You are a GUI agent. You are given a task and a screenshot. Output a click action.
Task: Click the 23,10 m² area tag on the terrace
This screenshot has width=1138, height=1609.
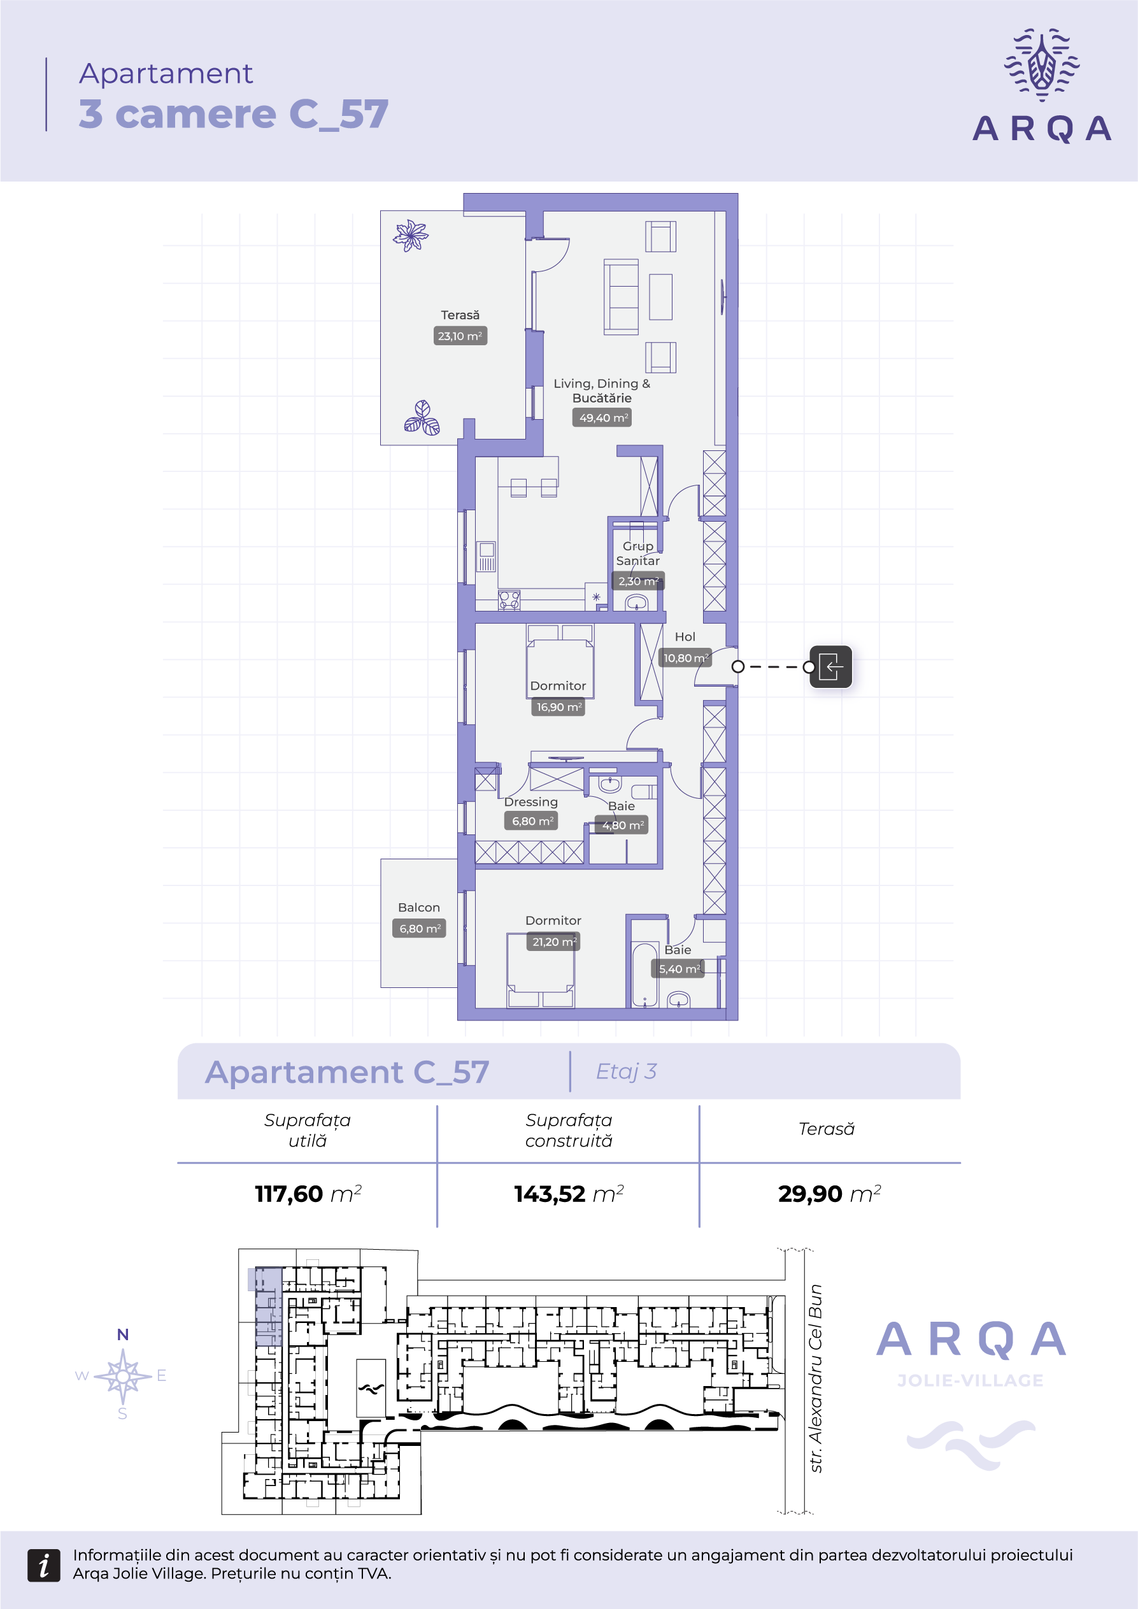pyautogui.click(x=460, y=336)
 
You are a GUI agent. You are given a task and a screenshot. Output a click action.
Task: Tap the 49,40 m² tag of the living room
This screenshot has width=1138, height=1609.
pyautogui.click(x=602, y=418)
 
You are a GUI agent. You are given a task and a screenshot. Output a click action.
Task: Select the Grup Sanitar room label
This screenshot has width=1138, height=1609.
pyautogui.click(x=637, y=553)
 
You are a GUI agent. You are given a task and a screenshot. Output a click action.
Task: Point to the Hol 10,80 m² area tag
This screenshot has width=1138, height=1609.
pyautogui.click(x=686, y=657)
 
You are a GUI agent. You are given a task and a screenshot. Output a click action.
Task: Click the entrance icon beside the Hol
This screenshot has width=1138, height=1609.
pyautogui.click(x=830, y=666)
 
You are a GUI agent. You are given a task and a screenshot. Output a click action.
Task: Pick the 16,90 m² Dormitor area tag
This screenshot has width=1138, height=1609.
pyautogui.click(x=558, y=707)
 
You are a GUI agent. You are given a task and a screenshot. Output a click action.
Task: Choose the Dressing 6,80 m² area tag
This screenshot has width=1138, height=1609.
pyautogui.click(x=531, y=820)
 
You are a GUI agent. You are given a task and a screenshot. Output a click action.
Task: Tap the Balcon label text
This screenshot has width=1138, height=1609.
pyautogui.click(x=419, y=908)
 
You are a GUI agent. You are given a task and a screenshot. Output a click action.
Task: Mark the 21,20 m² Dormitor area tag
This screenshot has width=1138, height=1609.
pyautogui.click(x=553, y=941)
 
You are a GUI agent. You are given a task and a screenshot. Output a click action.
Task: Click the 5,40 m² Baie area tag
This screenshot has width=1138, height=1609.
pyautogui.click(x=678, y=968)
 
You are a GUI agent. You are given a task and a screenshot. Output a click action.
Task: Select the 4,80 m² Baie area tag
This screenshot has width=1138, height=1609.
pyautogui.click(x=622, y=825)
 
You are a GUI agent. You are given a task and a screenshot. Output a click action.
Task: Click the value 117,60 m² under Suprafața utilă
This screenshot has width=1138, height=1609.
pyautogui.click(x=308, y=1194)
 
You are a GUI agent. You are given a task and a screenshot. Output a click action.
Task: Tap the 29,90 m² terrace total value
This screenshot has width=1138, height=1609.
pyautogui.click(x=829, y=1194)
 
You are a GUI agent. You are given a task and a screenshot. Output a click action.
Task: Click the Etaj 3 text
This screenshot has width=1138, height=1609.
pyautogui.click(x=626, y=1071)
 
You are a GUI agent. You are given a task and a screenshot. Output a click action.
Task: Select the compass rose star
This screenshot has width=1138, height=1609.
pyautogui.click(x=123, y=1376)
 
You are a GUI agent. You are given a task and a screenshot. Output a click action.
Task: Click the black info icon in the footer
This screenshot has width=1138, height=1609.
pyautogui.click(x=43, y=1565)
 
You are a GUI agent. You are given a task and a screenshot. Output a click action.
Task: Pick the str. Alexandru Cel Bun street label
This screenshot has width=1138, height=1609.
pyautogui.click(x=815, y=1378)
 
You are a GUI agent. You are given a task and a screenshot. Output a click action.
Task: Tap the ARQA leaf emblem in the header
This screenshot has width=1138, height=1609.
pyautogui.click(x=1041, y=64)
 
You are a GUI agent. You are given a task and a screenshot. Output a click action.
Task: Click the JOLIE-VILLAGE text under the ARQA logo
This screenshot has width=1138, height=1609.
pyautogui.click(x=971, y=1380)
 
